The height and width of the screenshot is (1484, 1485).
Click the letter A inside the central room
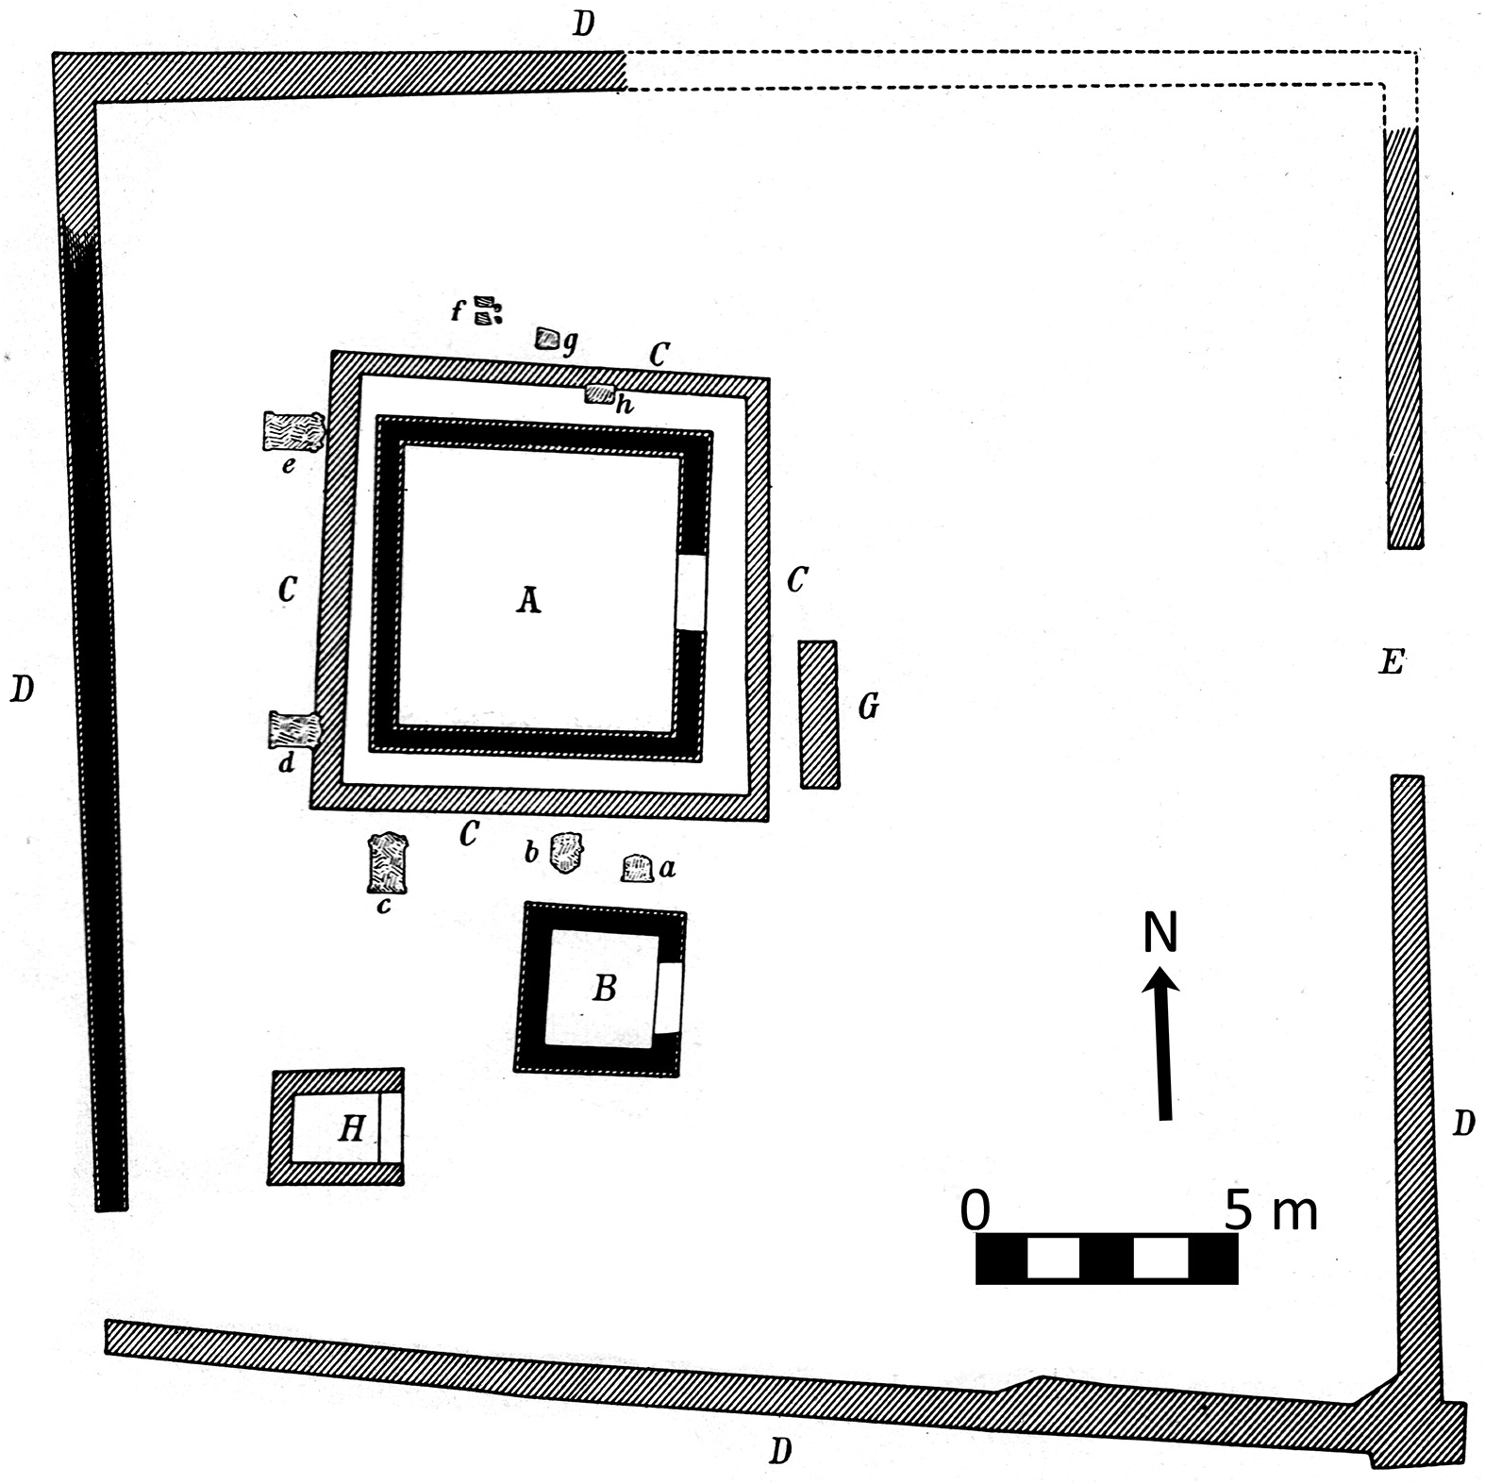coord(528,600)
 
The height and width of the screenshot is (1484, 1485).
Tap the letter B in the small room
coord(604,988)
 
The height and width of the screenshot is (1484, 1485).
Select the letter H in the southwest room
coord(351,1127)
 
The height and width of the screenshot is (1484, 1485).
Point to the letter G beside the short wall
coord(868,706)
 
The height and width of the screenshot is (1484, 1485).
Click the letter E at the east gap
coord(1392,662)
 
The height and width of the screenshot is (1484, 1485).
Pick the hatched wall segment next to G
coord(818,714)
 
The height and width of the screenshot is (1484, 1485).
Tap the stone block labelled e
coord(292,431)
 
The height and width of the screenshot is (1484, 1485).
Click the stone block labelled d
coord(294,730)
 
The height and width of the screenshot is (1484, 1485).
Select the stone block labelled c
coord(387,862)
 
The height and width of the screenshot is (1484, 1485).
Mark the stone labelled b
coord(566,854)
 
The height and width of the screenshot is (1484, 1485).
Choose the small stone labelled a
coord(638,868)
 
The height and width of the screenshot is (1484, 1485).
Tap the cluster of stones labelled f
coord(487,309)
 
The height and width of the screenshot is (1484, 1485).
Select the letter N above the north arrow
coord(1160,932)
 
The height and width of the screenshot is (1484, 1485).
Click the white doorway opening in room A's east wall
coord(692,592)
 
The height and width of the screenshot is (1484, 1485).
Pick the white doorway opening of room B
coord(668,999)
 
